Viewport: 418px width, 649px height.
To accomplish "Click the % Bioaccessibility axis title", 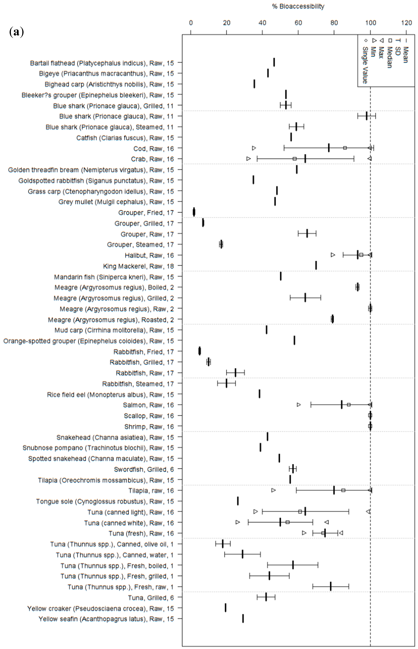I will coord(298,6).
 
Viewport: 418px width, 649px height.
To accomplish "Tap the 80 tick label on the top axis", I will coord(334,23).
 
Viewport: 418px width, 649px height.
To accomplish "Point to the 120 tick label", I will coord(406,23).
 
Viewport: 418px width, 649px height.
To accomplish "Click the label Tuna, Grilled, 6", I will coord(151,598).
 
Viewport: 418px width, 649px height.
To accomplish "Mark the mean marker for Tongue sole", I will coord(238,501).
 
